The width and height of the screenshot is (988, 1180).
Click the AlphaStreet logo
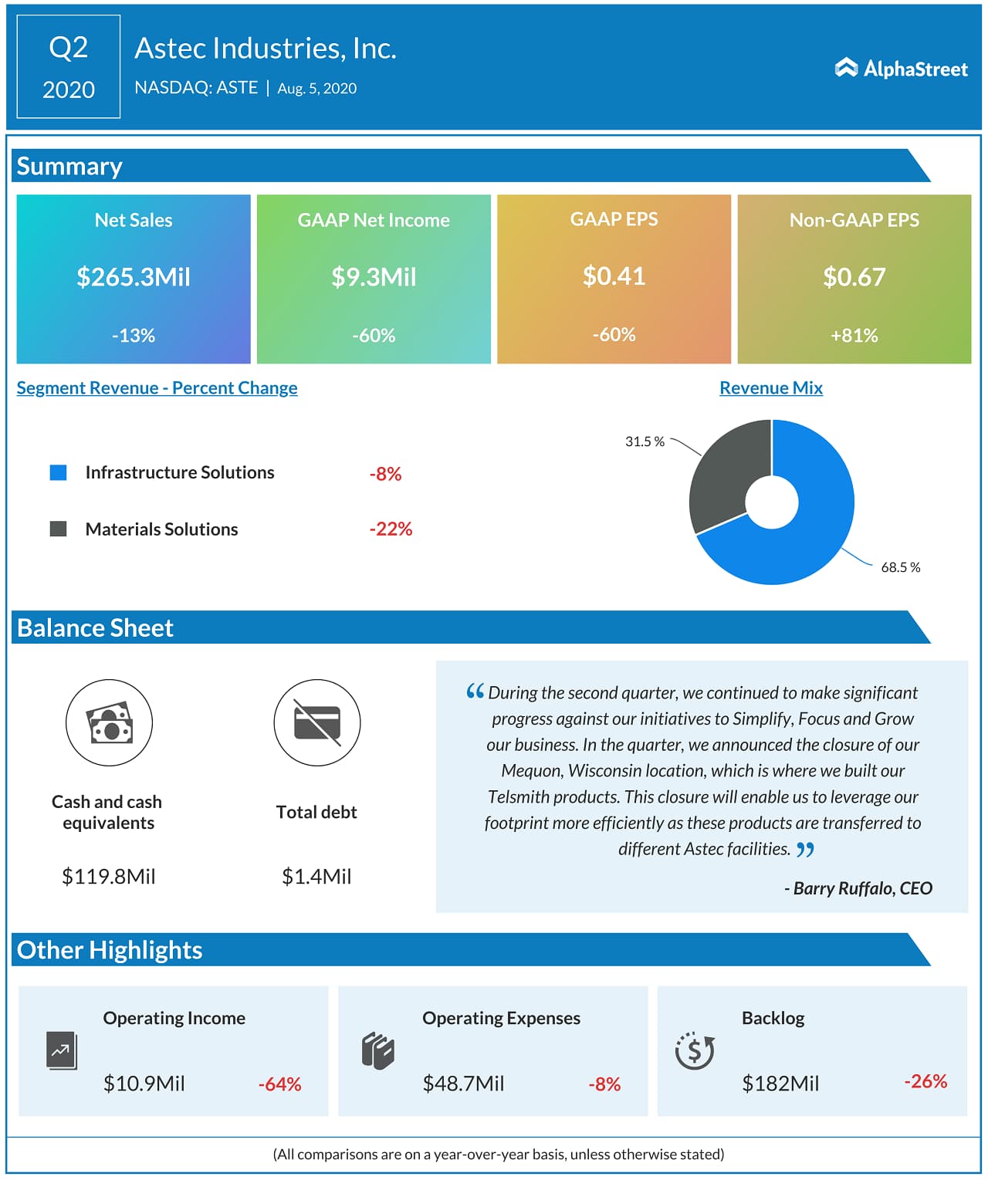(901, 69)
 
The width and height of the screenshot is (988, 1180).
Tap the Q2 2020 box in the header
(69, 67)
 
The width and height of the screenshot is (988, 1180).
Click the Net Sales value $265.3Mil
(134, 277)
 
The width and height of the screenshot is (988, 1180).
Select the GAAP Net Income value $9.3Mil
(374, 277)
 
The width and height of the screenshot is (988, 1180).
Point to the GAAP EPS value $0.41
(614, 276)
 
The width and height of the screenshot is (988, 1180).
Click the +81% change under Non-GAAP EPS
(854, 336)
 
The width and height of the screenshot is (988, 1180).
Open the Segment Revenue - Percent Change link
(157, 388)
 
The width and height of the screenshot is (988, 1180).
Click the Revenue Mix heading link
(770, 388)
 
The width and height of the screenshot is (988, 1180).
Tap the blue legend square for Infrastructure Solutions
(58, 472)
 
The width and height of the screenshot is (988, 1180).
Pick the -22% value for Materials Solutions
(391, 529)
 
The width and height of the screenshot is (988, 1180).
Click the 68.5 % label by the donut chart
(900, 567)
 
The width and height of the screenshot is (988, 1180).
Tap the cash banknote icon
(109, 723)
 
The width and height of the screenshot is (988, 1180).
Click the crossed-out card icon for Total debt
(316, 723)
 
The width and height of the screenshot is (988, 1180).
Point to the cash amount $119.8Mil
(109, 877)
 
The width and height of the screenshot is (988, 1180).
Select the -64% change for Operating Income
(279, 1084)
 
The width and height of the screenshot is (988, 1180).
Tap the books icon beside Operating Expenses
(378, 1050)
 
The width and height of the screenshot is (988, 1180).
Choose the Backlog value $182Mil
(780, 1084)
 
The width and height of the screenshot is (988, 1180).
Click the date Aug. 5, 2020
(316, 89)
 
